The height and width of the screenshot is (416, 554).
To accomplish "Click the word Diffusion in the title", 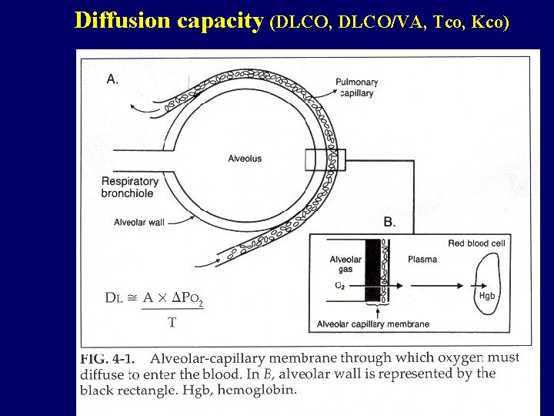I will coord(123,21).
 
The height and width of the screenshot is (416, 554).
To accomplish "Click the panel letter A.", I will coord(112,79).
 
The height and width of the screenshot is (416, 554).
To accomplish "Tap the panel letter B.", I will coord(389,222).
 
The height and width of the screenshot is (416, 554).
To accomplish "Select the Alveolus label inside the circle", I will coord(245,159).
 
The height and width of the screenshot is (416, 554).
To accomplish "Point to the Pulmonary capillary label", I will coord(357,88).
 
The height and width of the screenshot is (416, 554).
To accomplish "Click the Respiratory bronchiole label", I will coord(129,187).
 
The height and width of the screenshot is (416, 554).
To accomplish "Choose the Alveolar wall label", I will coord(138,223).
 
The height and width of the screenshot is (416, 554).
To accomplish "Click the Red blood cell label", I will coord(476,243).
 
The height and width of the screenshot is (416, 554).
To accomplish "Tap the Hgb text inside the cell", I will coord(486,295).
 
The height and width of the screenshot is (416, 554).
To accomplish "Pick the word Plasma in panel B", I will coord(422,260).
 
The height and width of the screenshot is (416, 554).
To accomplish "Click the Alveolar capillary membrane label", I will coord(373,324).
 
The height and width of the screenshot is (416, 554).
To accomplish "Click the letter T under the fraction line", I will coord(172,323).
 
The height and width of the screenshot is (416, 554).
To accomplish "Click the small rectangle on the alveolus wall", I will coord(319,159).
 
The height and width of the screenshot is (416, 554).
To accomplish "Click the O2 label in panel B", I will coord(339,286).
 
